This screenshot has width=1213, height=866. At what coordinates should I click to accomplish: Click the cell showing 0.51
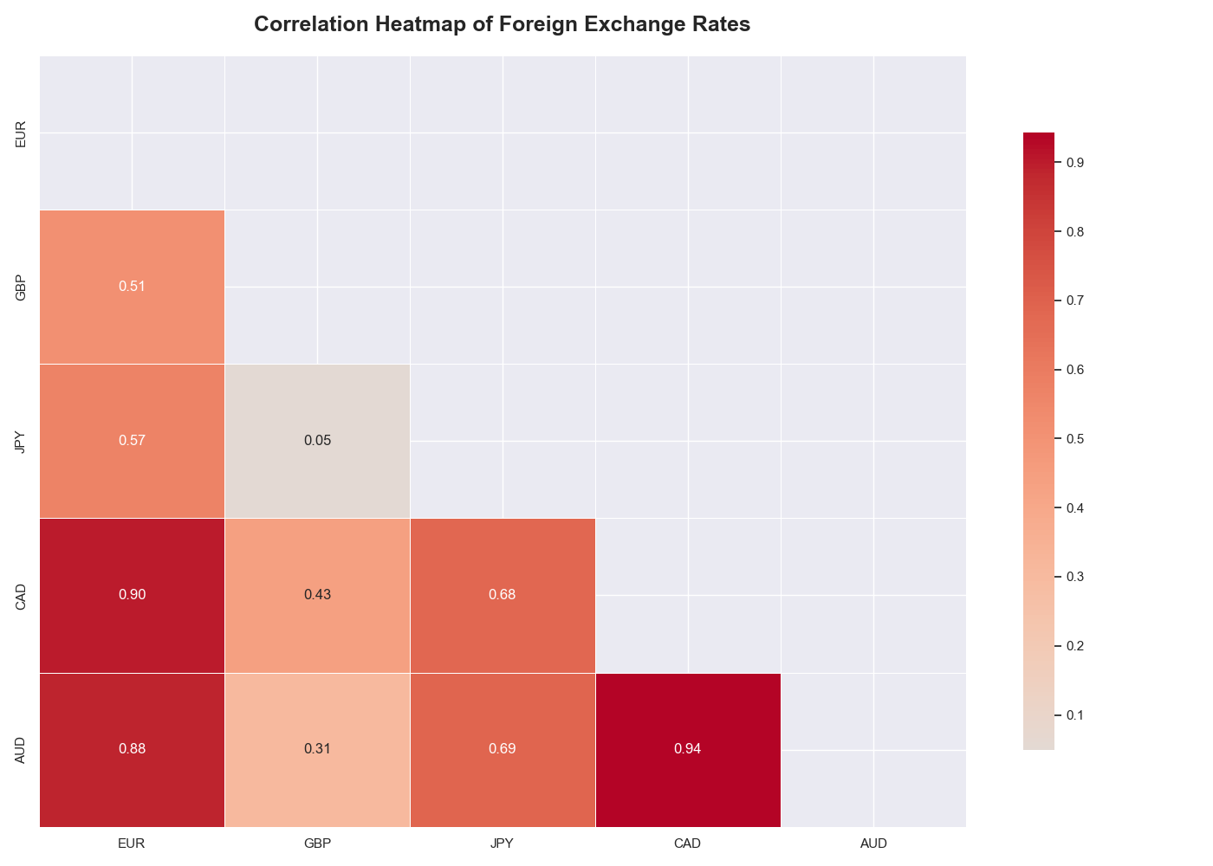pyautogui.click(x=132, y=286)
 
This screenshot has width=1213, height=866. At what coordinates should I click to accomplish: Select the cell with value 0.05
pyautogui.click(x=317, y=440)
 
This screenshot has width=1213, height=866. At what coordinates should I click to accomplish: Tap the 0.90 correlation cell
pyautogui.click(x=132, y=594)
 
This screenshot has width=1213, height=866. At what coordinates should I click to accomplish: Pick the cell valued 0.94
pyautogui.click(x=687, y=748)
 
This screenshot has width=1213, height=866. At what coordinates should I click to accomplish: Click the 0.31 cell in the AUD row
pyautogui.click(x=317, y=748)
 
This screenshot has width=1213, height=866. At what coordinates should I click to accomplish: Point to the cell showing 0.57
pyautogui.click(x=132, y=440)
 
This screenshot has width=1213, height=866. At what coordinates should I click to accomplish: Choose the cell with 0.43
pyautogui.click(x=317, y=594)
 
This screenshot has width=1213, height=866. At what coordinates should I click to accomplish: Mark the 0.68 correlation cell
pyautogui.click(x=503, y=594)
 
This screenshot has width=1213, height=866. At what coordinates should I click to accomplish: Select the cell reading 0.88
pyautogui.click(x=132, y=748)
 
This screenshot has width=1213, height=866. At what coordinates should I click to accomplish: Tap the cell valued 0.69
pyautogui.click(x=503, y=748)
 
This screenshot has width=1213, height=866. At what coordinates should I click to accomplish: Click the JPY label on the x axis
pyautogui.click(x=503, y=843)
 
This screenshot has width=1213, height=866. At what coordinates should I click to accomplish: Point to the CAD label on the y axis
pyautogui.click(x=21, y=596)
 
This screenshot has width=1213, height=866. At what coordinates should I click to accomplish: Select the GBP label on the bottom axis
pyautogui.click(x=317, y=843)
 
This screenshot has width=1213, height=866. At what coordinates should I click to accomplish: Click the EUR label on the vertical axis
pyautogui.click(x=21, y=133)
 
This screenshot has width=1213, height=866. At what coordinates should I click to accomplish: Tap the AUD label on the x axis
pyautogui.click(x=873, y=843)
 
